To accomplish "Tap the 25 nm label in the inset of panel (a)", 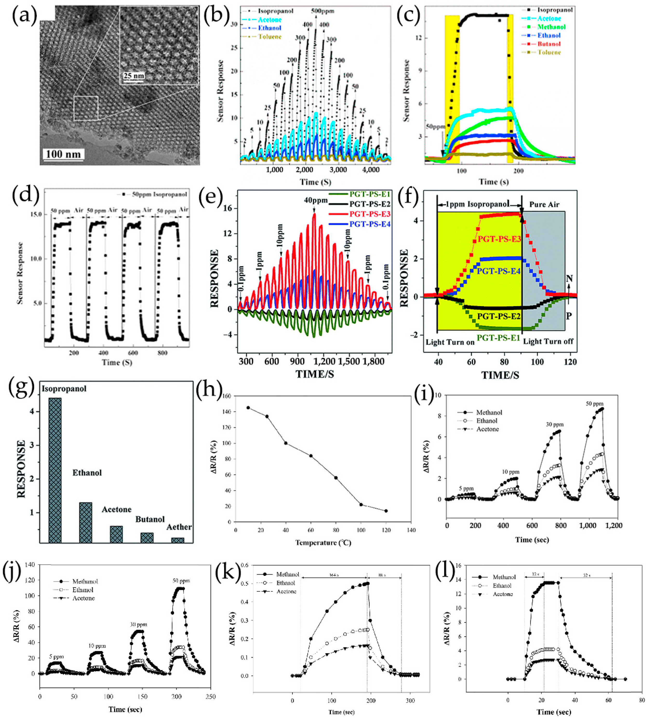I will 134,76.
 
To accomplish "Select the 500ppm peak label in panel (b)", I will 323,11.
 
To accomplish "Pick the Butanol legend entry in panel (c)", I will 548,44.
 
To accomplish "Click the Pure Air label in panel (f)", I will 544,205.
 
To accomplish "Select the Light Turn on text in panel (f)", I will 450,342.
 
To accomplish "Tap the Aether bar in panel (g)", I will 177,540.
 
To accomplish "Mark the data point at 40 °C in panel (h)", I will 285,443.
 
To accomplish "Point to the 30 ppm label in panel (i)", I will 555,425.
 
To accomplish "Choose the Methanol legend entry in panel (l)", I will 504,577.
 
